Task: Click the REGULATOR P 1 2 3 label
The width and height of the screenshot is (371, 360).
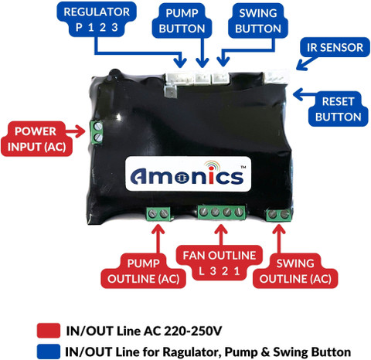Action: pyautogui.click(x=97, y=19)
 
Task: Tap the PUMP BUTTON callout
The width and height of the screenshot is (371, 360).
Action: pyautogui.click(x=182, y=21)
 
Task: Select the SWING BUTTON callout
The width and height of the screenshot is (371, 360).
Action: pyautogui.click(x=258, y=21)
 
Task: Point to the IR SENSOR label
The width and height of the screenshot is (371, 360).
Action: pyautogui.click(x=335, y=47)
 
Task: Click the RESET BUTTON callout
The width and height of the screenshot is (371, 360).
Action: pyautogui.click(x=338, y=109)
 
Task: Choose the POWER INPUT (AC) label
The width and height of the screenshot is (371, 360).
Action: pyautogui.click(x=36, y=139)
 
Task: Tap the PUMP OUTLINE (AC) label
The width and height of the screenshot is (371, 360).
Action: pyautogui.click(x=143, y=271)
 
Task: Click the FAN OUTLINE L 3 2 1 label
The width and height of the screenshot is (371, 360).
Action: pyautogui.click(x=220, y=263)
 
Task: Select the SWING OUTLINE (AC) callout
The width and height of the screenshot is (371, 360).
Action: pyautogui.click(x=295, y=271)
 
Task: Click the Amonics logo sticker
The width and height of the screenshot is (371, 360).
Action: pyautogui.click(x=188, y=174)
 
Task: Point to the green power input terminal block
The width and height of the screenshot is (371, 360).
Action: pyautogui.click(x=97, y=133)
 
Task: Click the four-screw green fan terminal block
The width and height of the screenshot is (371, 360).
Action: pyautogui.click(x=222, y=212)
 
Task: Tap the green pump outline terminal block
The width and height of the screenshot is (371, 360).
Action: pyautogui.click(x=158, y=214)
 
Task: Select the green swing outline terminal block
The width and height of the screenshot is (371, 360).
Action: pyautogui.click(x=279, y=215)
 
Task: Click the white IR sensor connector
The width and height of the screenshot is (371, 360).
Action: pyautogui.click(x=277, y=76)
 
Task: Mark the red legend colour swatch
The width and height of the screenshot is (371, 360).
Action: pyautogui.click(x=49, y=331)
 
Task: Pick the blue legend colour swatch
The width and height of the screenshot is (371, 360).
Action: pyautogui.click(x=49, y=352)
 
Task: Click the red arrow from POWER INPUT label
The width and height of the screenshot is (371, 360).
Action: pyautogui.click(x=75, y=131)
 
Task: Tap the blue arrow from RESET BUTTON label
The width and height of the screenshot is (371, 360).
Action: pyautogui.click(x=304, y=95)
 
